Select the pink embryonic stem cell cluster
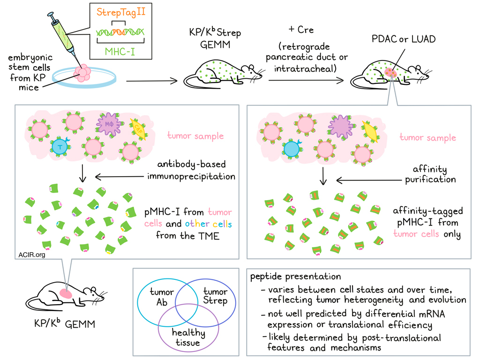(x=83, y=73)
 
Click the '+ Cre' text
(x=300, y=30)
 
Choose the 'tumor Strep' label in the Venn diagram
(x=215, y=297)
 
